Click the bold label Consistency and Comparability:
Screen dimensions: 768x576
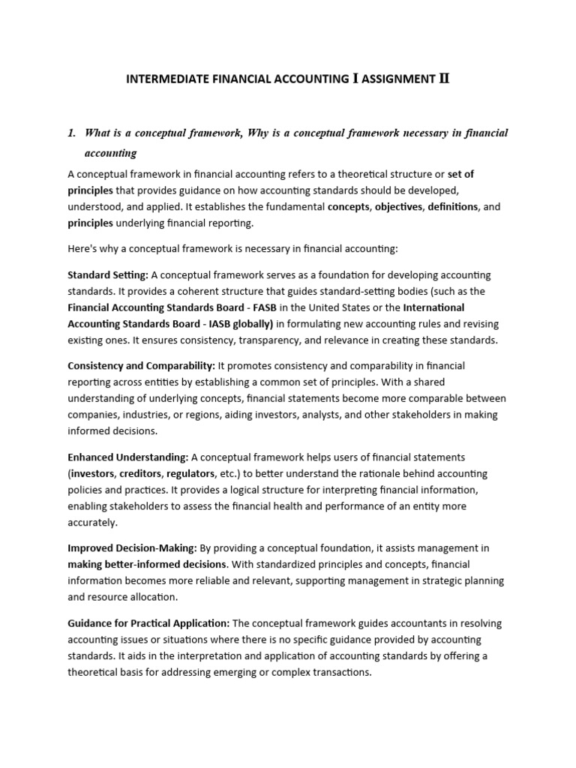pyautogui.click(x=141, y=366)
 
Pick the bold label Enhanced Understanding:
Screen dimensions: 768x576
pyautogui.click(x=127, y=457)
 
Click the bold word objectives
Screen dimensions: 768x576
pyautogui.click(x=398, y=206)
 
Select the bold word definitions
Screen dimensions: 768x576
pyautogui.click(x=452, y=206)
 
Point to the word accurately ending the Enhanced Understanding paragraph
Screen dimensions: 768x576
pyautogui.click(x=92, y=523)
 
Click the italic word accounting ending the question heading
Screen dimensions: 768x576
pyautogui.click(x=111, y=153)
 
